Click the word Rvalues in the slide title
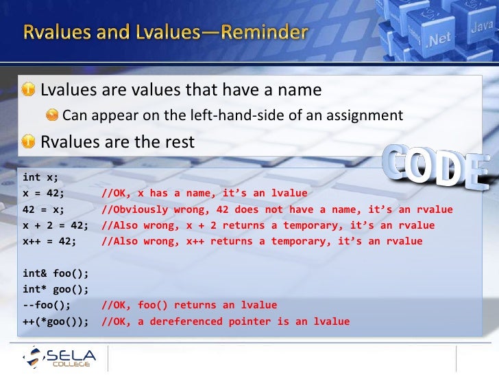(59, 32)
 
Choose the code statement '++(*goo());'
(54, 321)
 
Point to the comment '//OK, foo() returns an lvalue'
(188, 305)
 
